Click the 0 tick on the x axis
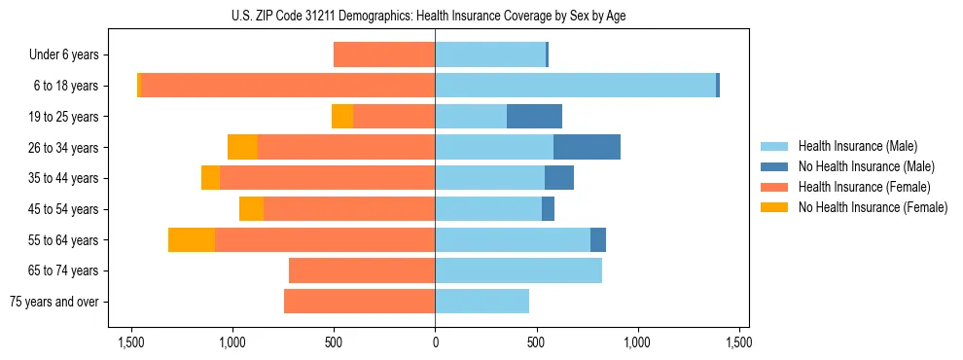pos(435,342)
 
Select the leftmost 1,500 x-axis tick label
pos(131,342)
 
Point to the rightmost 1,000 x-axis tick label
pos(638,342)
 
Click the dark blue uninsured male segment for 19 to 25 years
pos(534,117)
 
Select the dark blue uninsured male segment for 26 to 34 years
pos(587,147)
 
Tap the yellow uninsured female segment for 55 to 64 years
pos(192,239)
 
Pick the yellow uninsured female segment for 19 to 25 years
pos(342,117)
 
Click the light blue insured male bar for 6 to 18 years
pos(575,86)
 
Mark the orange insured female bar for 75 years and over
pos(359,302)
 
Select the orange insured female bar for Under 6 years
pos(384,54)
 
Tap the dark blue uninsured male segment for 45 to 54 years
pos(548,209)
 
